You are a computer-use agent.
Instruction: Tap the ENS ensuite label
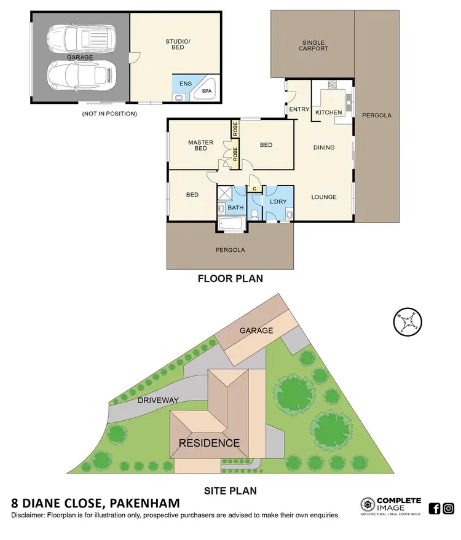pos(185,82)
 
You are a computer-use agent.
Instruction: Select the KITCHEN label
pos(328,113)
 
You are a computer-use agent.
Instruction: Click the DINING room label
pos(324,147)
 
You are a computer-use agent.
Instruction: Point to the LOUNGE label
pos(324,197)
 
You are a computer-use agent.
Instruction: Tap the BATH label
pos(235,208)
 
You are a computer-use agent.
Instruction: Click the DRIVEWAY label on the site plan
pos(158,400)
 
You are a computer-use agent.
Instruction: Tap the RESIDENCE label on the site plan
pos(209,442)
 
